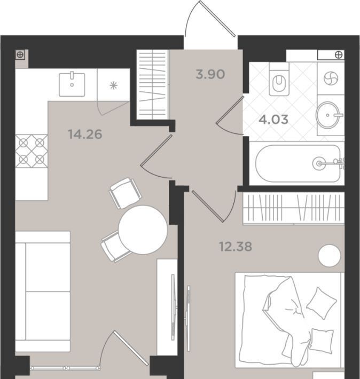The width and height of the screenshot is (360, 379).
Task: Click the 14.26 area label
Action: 85,134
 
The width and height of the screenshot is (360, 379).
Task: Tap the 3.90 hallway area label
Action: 210,74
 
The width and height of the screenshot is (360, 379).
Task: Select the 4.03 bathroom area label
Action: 273,120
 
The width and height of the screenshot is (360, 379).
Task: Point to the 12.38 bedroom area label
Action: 236,247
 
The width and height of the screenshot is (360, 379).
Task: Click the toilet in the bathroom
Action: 279,80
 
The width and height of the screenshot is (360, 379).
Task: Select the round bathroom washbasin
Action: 328,115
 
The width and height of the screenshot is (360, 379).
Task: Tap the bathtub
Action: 298,163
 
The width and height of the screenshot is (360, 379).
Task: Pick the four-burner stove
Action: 32,151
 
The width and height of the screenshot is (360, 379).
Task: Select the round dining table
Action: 143,230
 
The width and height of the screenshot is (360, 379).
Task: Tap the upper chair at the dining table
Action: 126,193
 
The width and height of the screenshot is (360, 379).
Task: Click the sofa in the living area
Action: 43,291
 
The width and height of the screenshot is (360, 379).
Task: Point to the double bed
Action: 288,321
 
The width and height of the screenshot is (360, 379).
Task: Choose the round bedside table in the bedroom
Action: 329,256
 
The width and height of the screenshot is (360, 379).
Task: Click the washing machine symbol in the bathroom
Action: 331,79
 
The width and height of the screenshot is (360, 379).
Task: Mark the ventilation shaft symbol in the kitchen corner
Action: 20,55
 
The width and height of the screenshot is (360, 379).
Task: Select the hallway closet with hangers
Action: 152,84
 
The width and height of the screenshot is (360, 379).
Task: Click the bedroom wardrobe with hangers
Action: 293,208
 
